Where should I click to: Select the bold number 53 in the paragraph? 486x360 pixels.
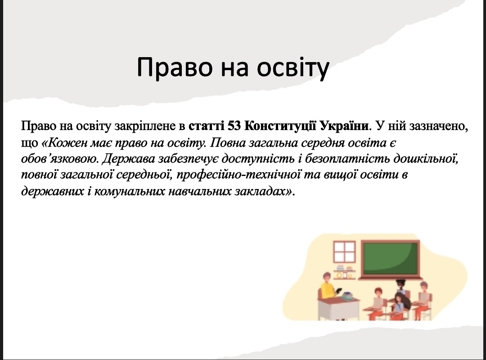click(234, 126)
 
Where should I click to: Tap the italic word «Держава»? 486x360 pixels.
click(128, 159)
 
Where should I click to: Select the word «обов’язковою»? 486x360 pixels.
click(59, 159)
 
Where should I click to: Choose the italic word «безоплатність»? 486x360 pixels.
click(347, 159)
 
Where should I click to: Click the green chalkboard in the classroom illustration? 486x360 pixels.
click(391, 259)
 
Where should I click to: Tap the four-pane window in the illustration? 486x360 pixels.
click(344, 252)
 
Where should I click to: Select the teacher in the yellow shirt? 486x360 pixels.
click(328, 287)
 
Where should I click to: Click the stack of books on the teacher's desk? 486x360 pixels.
click(347, 296)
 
